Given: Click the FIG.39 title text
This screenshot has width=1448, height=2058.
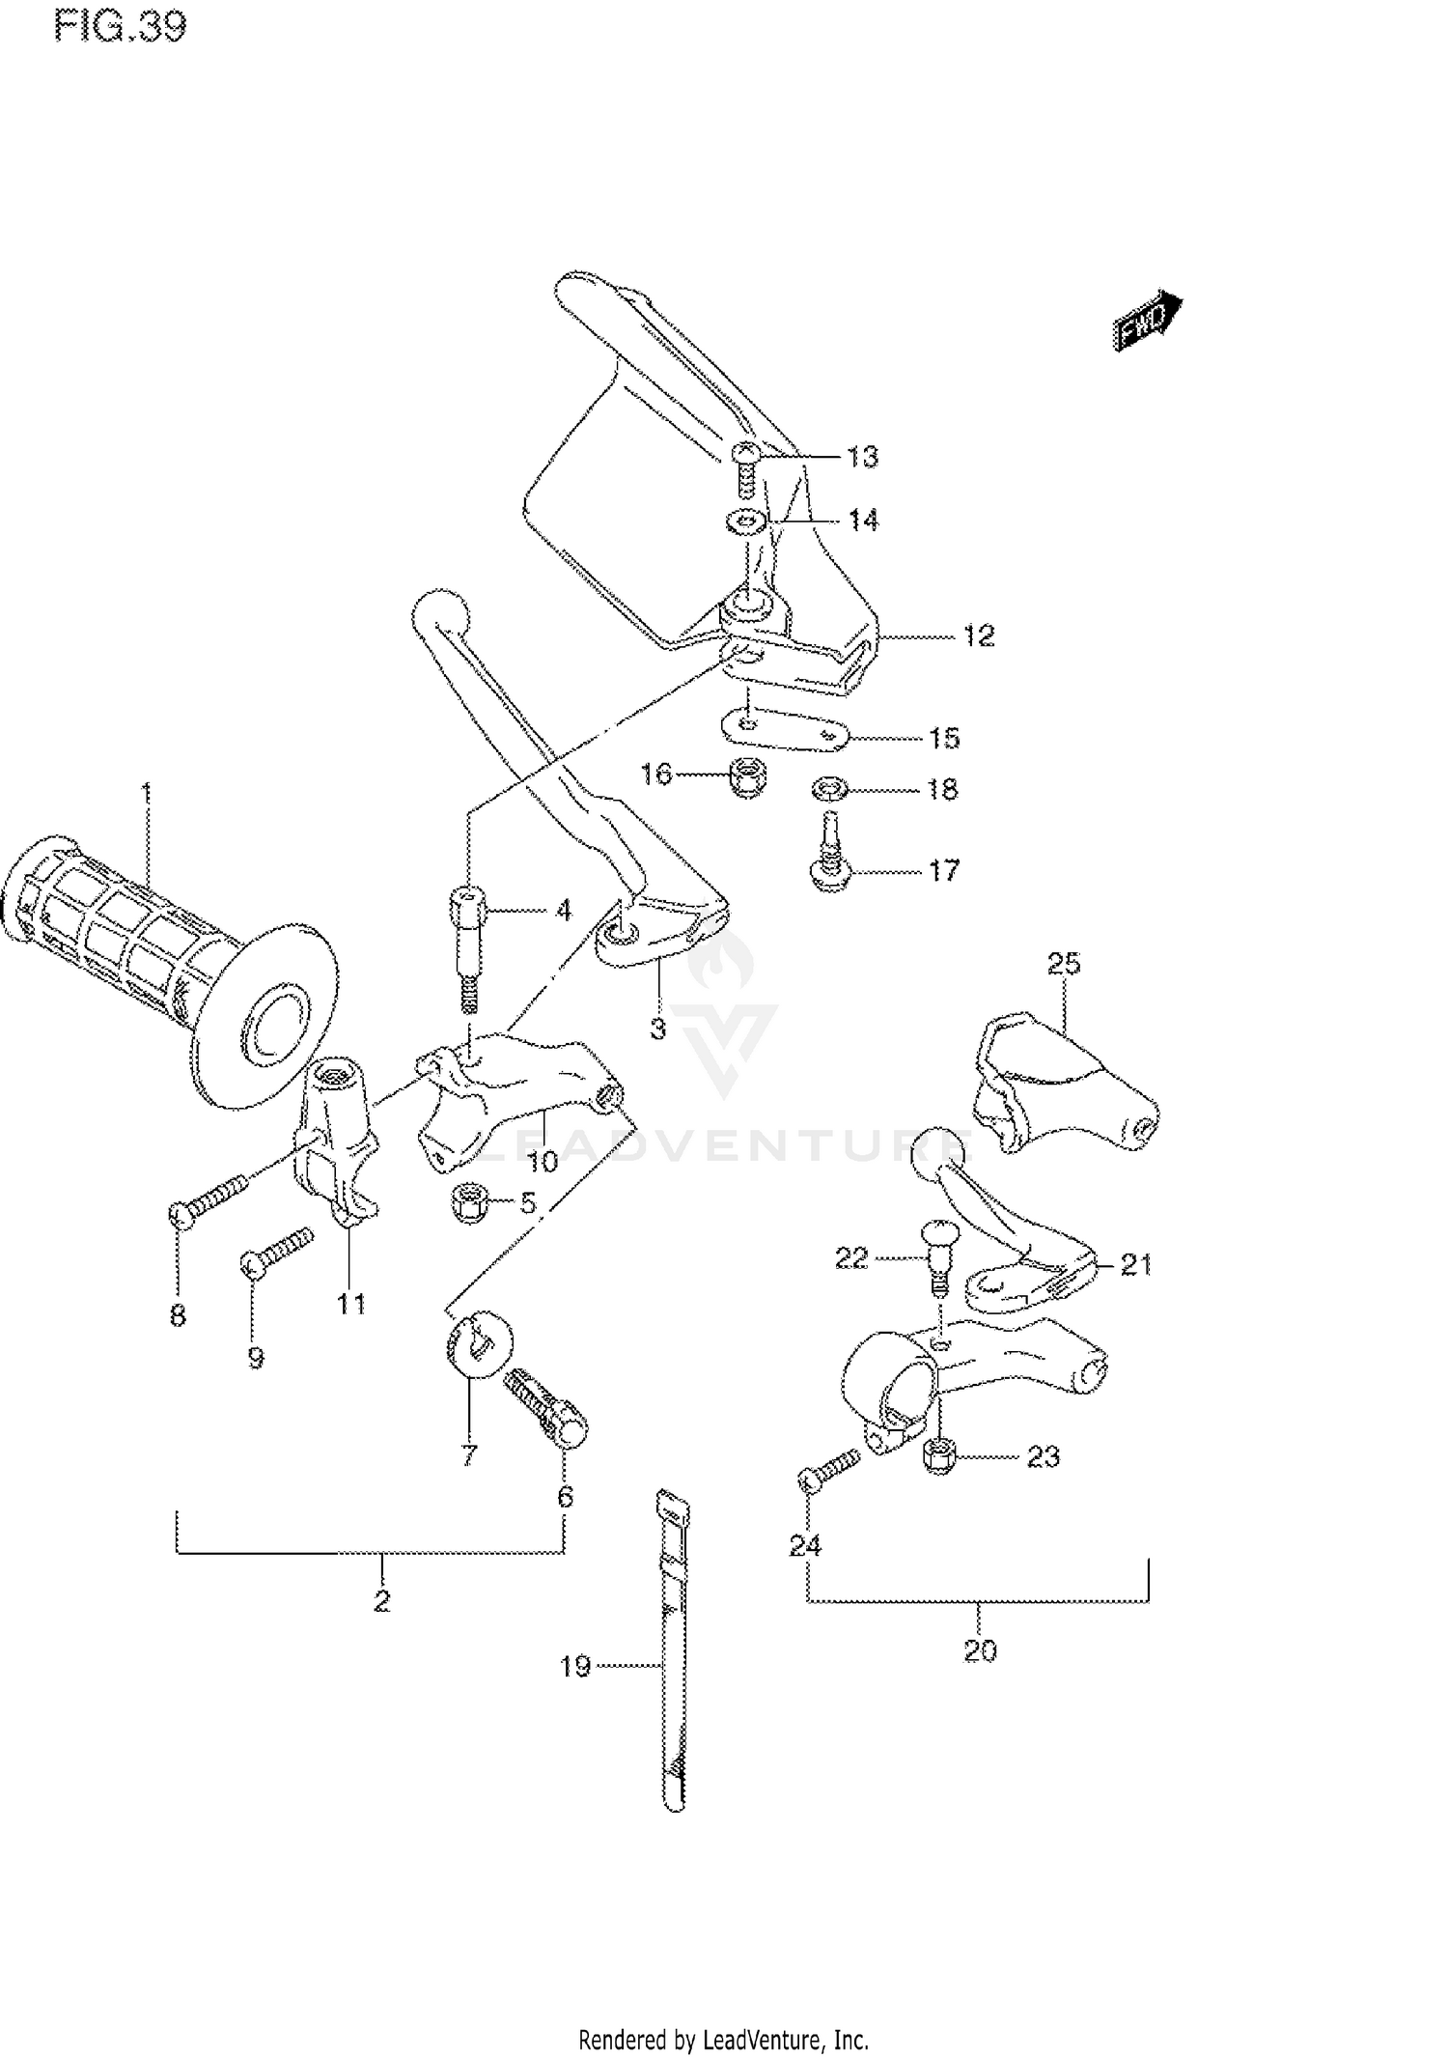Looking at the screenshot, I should (120, 26).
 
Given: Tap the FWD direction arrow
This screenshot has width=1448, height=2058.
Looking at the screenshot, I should (1147, 322).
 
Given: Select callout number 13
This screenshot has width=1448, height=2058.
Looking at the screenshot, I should (862, 457).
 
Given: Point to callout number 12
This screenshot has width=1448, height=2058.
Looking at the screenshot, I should (978, 635).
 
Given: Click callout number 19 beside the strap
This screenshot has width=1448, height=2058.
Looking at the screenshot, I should (575, 1666).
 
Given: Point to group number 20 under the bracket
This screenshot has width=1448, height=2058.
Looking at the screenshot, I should (979, 1650).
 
